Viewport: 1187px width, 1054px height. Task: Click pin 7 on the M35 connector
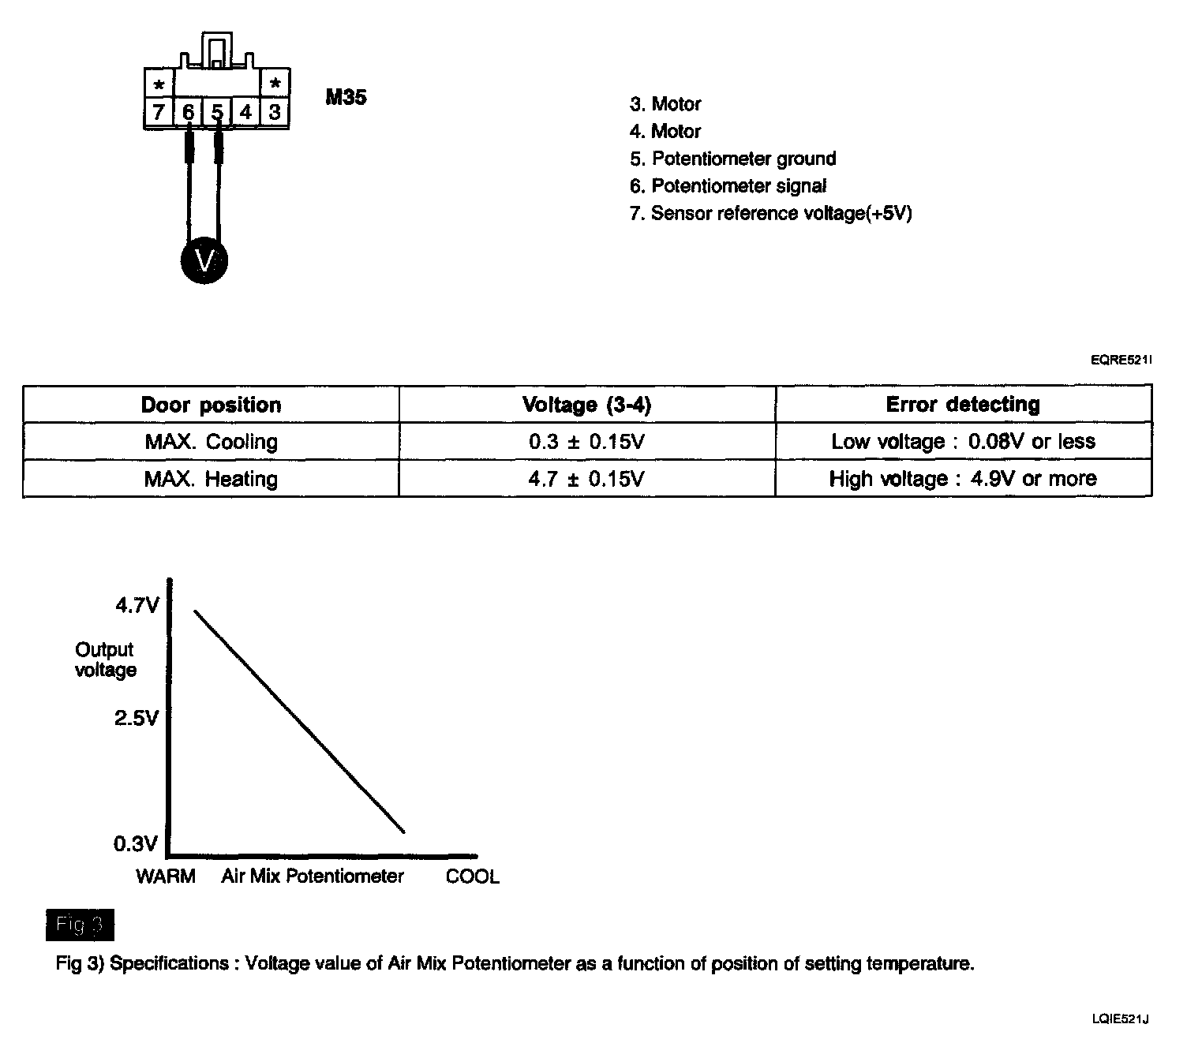pyautogui.click(x=159, y=112)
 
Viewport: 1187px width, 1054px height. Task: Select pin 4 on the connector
pyautogui.click(x=245, y=112)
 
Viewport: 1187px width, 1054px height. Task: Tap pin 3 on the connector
pyautogui.click(x=275, y=112)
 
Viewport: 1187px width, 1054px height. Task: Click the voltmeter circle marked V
pyautogui.click(x=204, y=260)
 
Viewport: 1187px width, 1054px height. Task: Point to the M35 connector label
pyautogui.click(x=346, y=98)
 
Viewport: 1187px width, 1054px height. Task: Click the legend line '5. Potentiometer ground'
pyautogui.click(x=732, y=159)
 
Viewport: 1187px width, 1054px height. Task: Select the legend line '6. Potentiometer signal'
pyautogui.click(x=728, y=186)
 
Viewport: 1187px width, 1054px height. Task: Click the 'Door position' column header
pyautogui.click(x=211, y=405)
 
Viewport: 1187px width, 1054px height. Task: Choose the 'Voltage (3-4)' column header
pyautogui.click(x=586, y=405)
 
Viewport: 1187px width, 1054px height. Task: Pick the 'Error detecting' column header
pyautogui.click(x=963, y=405)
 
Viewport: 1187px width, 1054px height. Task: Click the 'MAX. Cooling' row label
pyautogui.click(x=211, y=441)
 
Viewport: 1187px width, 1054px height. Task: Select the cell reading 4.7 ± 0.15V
pyautogui.click(x=586, y=479)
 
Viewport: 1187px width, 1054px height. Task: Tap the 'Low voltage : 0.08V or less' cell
pyautogui.click(x=963, y=441)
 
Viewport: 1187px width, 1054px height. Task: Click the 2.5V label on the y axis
pyautogui.click(x=136, y=718)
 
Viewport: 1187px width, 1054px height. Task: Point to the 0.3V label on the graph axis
pyautogui.click(x=136, y=844)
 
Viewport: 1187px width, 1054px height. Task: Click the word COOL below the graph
pyautogui.click(x=472, y=876)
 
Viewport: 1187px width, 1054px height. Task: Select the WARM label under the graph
pyautogui.click(x=166, y=876)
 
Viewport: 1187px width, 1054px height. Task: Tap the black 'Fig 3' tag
pyautogui.click(x=80, y=925)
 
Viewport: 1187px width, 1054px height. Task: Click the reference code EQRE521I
pyautogui.click(x=1121, y=361)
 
